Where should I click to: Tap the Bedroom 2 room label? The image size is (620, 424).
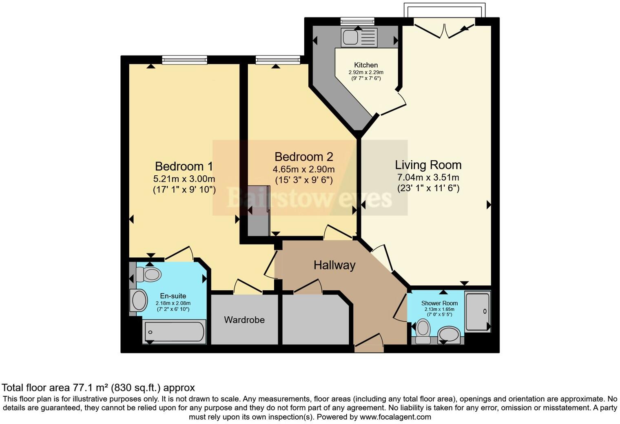303,157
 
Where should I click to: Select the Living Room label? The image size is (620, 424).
428,165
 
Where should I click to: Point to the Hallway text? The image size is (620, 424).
334,265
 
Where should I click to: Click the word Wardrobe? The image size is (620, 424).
244,320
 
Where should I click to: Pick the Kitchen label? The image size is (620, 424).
365,65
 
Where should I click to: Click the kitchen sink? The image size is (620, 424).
350,38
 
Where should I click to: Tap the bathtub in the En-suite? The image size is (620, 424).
174,332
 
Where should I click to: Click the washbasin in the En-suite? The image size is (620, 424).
139,301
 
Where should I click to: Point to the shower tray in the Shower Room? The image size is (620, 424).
477,311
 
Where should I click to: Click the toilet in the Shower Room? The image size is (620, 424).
423,329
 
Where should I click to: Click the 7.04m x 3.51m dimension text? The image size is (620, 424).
428,177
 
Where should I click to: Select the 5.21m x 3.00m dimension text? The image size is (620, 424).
184,179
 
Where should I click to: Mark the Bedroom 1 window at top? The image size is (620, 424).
184,60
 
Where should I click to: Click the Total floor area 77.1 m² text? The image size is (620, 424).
98,388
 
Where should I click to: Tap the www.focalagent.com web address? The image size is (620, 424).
395,417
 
